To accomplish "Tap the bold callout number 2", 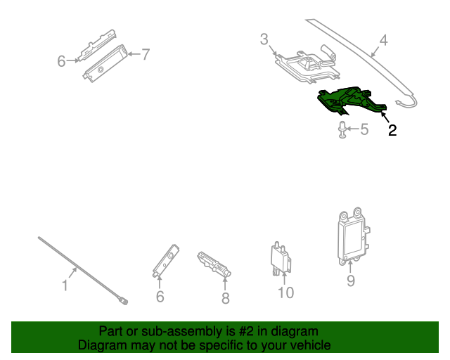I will (392, 130).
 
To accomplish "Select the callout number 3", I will (264, 39).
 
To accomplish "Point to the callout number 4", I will (383, 40).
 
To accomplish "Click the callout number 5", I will (364, 129).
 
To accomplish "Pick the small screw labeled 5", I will (342, 130).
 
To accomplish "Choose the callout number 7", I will (146, 54).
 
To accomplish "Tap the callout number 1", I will (65, 286).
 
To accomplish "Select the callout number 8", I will (225, 298).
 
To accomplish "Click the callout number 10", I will (285, 292).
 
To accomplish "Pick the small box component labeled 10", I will (280, 259).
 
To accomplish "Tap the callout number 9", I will (351, 281).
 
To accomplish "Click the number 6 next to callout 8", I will (160, 297).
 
